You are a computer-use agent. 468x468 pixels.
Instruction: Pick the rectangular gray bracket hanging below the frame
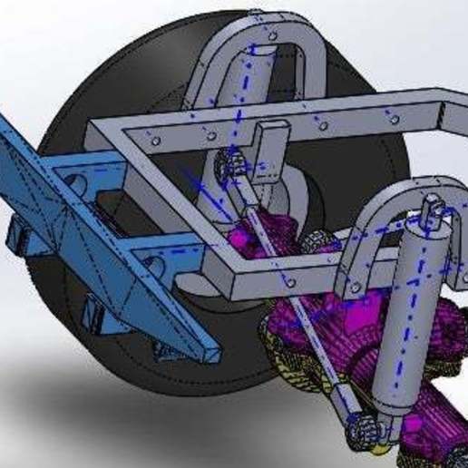268,154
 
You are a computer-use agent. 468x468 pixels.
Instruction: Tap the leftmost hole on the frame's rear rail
156,141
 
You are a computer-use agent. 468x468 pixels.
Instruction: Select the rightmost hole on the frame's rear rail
394,118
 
